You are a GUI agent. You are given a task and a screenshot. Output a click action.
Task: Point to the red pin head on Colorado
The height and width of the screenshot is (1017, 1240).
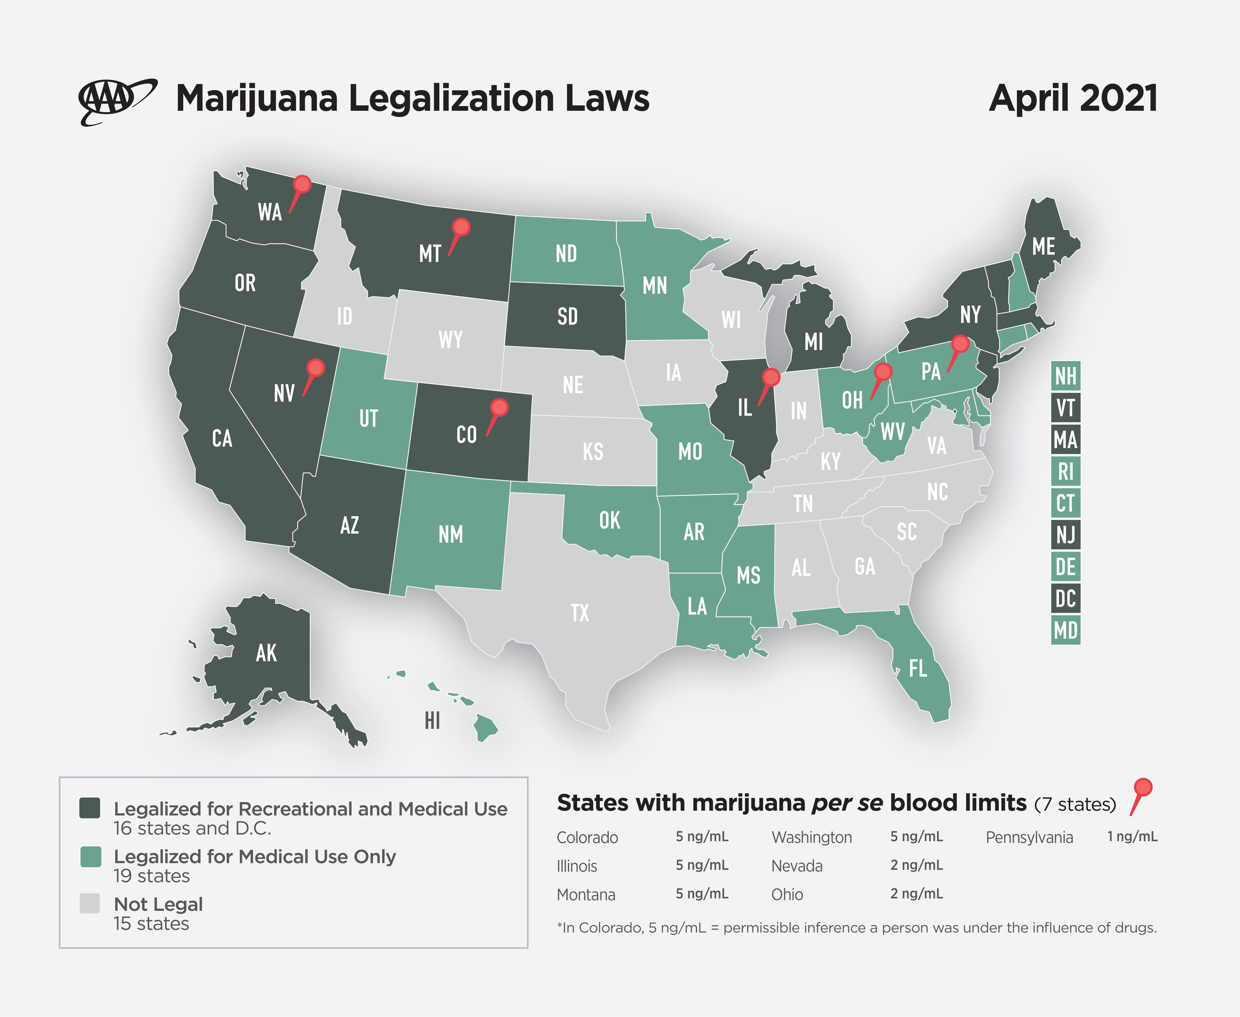[499, 407]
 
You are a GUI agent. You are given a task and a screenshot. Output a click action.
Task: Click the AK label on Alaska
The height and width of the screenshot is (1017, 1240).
[266, 653]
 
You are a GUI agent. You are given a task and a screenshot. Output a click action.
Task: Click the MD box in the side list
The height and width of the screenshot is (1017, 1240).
[1065, 630]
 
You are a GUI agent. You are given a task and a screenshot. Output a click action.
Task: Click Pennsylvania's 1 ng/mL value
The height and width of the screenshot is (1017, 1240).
[1132, 837]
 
